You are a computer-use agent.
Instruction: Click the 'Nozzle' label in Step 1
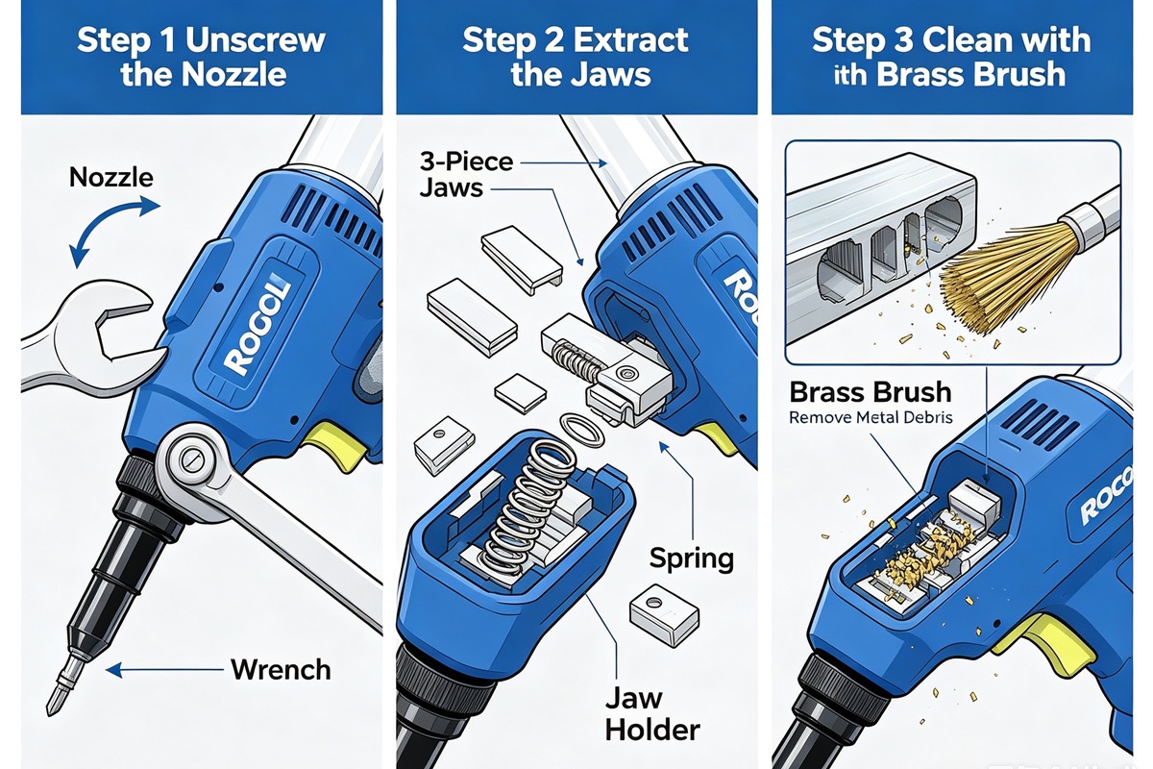(111, 177)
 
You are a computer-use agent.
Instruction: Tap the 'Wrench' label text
(281, 670)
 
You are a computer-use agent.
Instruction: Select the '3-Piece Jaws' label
(466, 174)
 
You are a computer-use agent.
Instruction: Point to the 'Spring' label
(691, 558)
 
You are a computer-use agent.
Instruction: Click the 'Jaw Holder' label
(652, 714)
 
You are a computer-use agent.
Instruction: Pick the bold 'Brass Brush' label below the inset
(871, 392)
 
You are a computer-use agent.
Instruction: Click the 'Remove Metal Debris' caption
(871, 416)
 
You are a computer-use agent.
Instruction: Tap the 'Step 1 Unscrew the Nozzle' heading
(202, 57)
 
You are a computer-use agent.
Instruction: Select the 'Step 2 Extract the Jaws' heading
(576, 57)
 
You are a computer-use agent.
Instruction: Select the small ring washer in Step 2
(581, 429)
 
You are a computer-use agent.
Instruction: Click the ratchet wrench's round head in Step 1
(190, 459)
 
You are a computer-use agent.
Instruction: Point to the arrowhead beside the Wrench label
(113, 670)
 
